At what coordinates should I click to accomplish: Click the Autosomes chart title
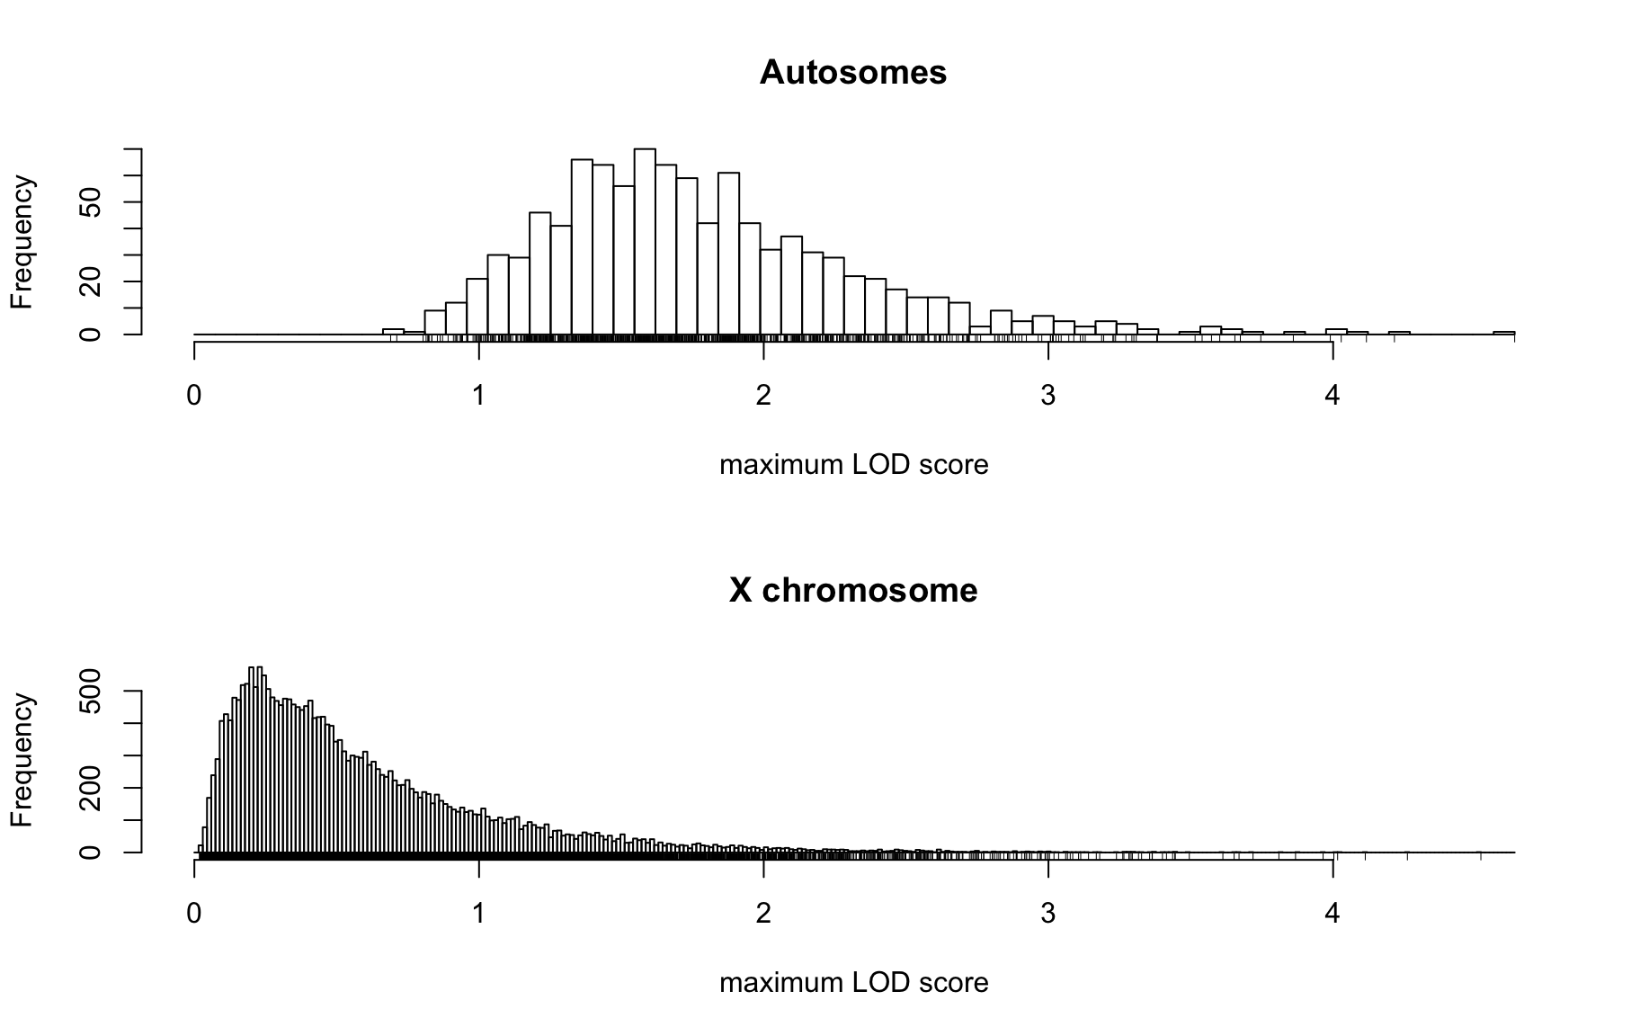click(852, 72)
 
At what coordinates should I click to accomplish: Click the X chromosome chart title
click(852, 590)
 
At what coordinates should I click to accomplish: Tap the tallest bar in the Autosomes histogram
click(645, 241)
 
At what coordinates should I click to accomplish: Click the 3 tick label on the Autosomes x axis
click(1047, 396)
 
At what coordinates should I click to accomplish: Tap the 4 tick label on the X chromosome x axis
click(1332, 914)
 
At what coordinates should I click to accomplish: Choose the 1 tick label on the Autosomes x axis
click(479, 396)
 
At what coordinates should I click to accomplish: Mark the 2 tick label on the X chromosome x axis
click(763, 914)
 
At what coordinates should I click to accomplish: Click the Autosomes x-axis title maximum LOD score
click(853, 465)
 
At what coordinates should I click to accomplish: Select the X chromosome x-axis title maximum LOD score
click(853, 983)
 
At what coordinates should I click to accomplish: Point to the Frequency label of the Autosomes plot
click(22, 242)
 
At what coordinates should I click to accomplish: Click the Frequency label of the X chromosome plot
click(22, 760)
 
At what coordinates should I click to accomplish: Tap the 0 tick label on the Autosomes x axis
click(194, 396)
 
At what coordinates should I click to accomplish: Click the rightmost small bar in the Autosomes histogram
click(1504, 333)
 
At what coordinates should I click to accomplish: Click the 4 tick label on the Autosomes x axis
click(1332, 396)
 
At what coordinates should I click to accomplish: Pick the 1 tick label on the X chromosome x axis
click(479, 914)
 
